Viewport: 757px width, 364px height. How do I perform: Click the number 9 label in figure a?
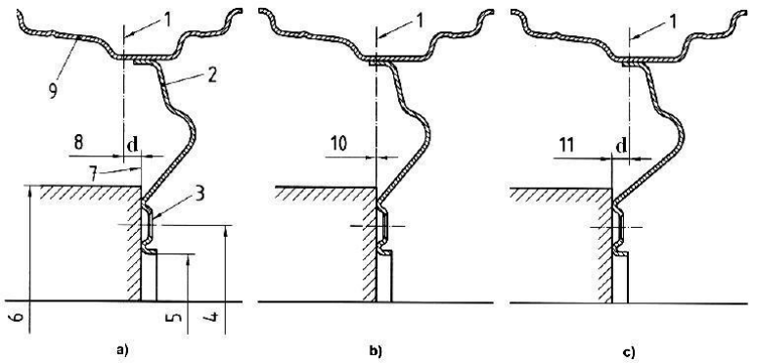[x=52, y=91]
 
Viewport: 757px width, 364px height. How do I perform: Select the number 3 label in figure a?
[x=199, y=194]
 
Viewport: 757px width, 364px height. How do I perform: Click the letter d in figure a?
[x=132, y=146]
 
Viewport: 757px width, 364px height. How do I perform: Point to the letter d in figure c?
[x=621, y=146]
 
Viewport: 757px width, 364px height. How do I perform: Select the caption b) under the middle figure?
[x=376, y=351]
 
